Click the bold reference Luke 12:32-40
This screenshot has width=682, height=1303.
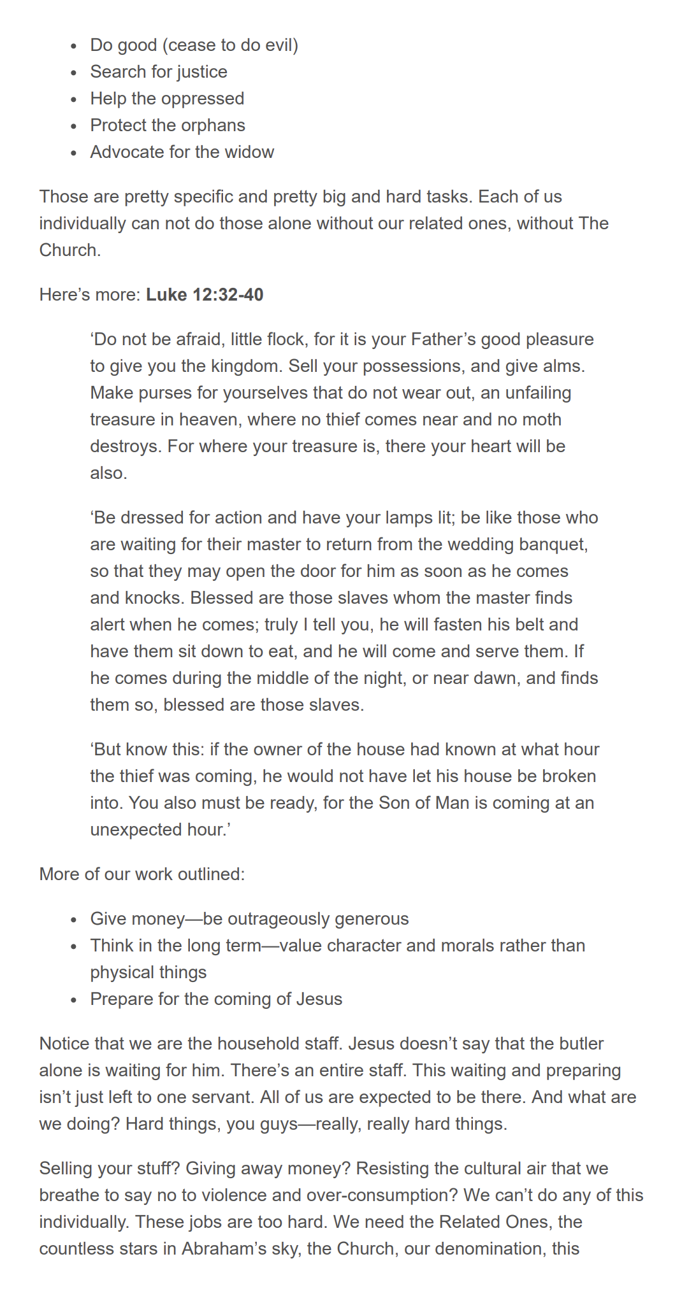[205, 294]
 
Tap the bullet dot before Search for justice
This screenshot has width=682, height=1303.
[75, 73]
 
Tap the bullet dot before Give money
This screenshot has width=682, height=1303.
[75, 920]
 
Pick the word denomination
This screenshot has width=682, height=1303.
[480, 1248]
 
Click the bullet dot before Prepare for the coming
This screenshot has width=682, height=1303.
[75, 1000]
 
